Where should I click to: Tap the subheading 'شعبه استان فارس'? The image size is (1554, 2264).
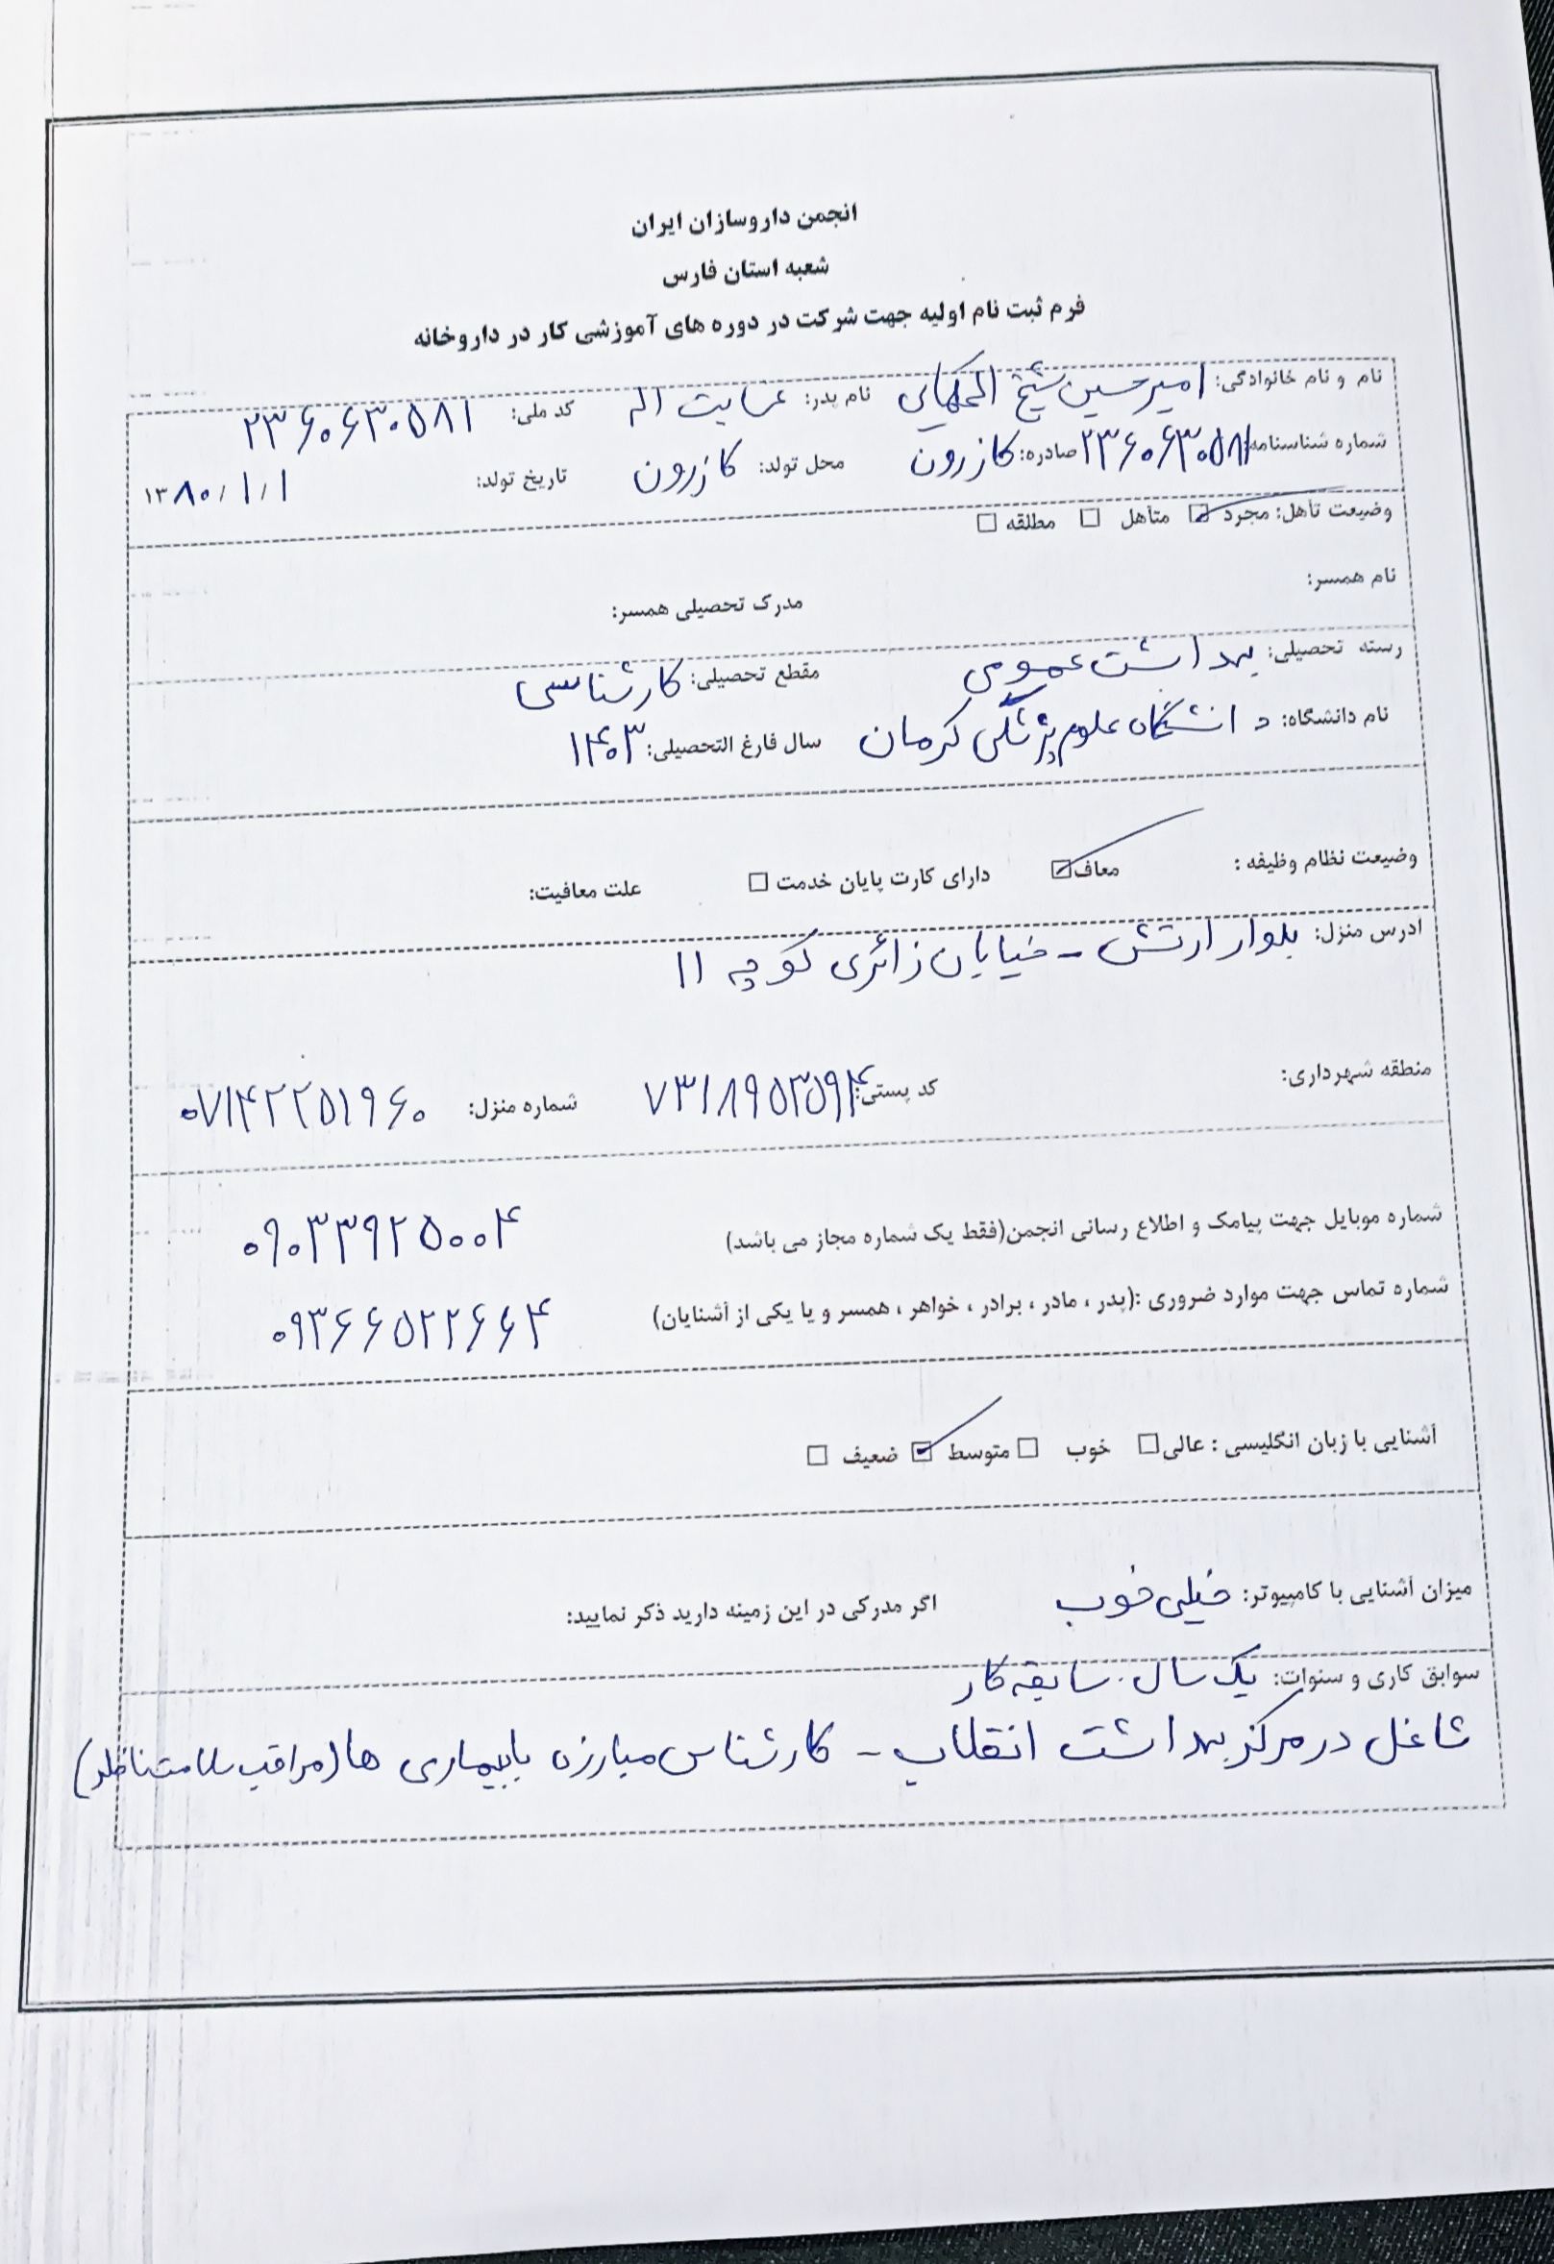point(747,271)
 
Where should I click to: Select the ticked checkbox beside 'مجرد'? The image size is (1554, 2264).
point(1197,515)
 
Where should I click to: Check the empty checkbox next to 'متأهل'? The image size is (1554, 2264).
point(1091,517)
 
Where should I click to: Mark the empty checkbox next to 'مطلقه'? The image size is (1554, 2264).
point(987,522)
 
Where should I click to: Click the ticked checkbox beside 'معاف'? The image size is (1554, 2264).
point(1061,870)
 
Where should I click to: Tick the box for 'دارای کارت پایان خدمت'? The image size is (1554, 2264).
point(758,882)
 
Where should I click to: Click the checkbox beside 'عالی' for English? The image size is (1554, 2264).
point(1149,1443)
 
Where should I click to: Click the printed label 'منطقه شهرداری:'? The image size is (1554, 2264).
point(1355,1073)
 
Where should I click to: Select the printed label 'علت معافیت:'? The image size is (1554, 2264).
point(584,892)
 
